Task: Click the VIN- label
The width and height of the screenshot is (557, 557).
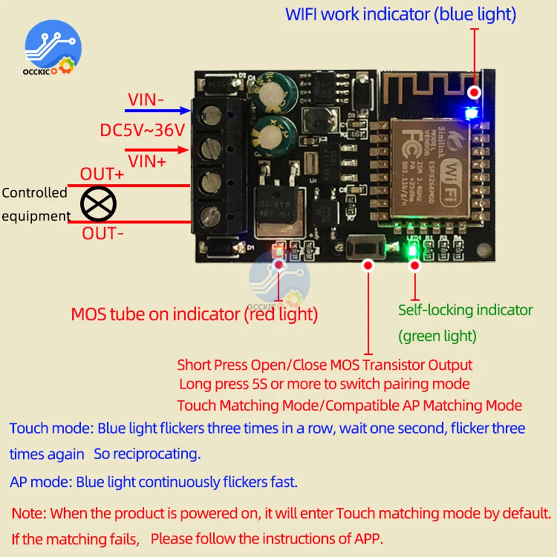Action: [x=146, y=100]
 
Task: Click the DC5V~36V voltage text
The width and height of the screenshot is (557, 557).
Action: [x=142, y=131]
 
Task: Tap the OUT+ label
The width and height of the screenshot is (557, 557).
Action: [x=102, y=174]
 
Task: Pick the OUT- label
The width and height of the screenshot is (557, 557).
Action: [x=103, y=233]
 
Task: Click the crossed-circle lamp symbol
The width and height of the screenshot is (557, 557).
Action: [x=98, y=203]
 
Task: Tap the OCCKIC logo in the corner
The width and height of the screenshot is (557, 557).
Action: [x=53, y=50]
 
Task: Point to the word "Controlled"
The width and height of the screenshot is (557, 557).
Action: [x=35, y=193]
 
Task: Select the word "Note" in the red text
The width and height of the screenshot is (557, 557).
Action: [x=28, y=513]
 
